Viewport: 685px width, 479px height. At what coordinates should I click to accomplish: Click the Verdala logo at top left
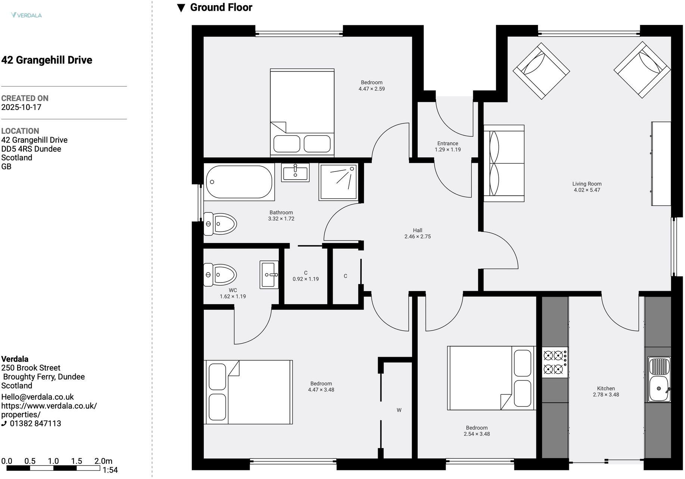point(26,15)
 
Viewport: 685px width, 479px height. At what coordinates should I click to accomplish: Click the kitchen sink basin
point(659,389)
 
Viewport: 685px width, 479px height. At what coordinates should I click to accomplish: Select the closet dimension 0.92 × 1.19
point(306,279)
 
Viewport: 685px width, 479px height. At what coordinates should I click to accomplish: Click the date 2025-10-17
point(21,107)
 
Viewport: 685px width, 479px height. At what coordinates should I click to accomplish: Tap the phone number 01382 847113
point(35,424)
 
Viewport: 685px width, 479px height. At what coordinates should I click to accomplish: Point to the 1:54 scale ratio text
point(110,470)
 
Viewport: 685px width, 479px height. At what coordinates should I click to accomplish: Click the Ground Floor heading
point(221,7)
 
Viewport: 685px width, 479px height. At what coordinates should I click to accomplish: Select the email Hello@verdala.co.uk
point(38,397)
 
